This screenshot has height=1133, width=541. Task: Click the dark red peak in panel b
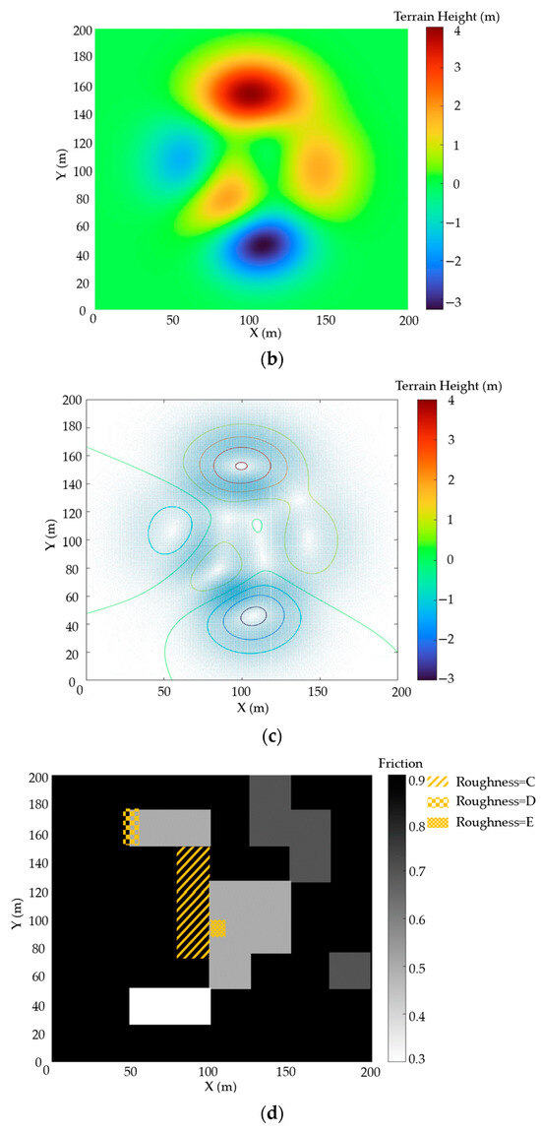[x=251, y=93]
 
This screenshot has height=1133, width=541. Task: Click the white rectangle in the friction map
[x=170, y=1006]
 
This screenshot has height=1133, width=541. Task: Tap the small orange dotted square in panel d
[x=217, y=928]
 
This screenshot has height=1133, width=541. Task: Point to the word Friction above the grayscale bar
[x=399, y=763]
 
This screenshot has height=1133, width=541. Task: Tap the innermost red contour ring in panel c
[x=241, y=466]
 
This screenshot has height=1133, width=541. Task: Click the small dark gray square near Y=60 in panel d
[x=349, y=970]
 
